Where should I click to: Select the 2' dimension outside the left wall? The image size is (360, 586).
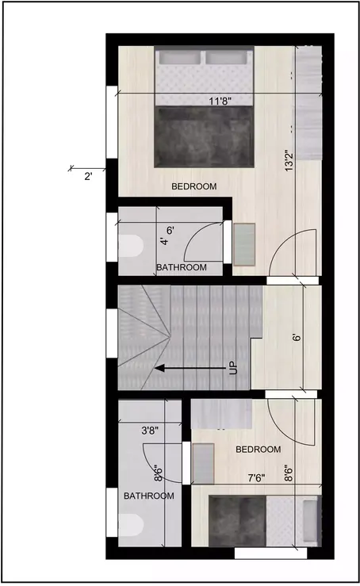tap(88, 177)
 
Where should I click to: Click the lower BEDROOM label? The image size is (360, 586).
tap(258, 450)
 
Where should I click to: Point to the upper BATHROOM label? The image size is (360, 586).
tap(181, 268)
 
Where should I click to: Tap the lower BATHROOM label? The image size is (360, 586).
tap(148, 496)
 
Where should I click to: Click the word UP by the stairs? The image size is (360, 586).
tap(233, 368)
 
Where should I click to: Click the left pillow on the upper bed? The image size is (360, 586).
tap(181, 59)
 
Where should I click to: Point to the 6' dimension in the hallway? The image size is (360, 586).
tap(295, 337)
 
